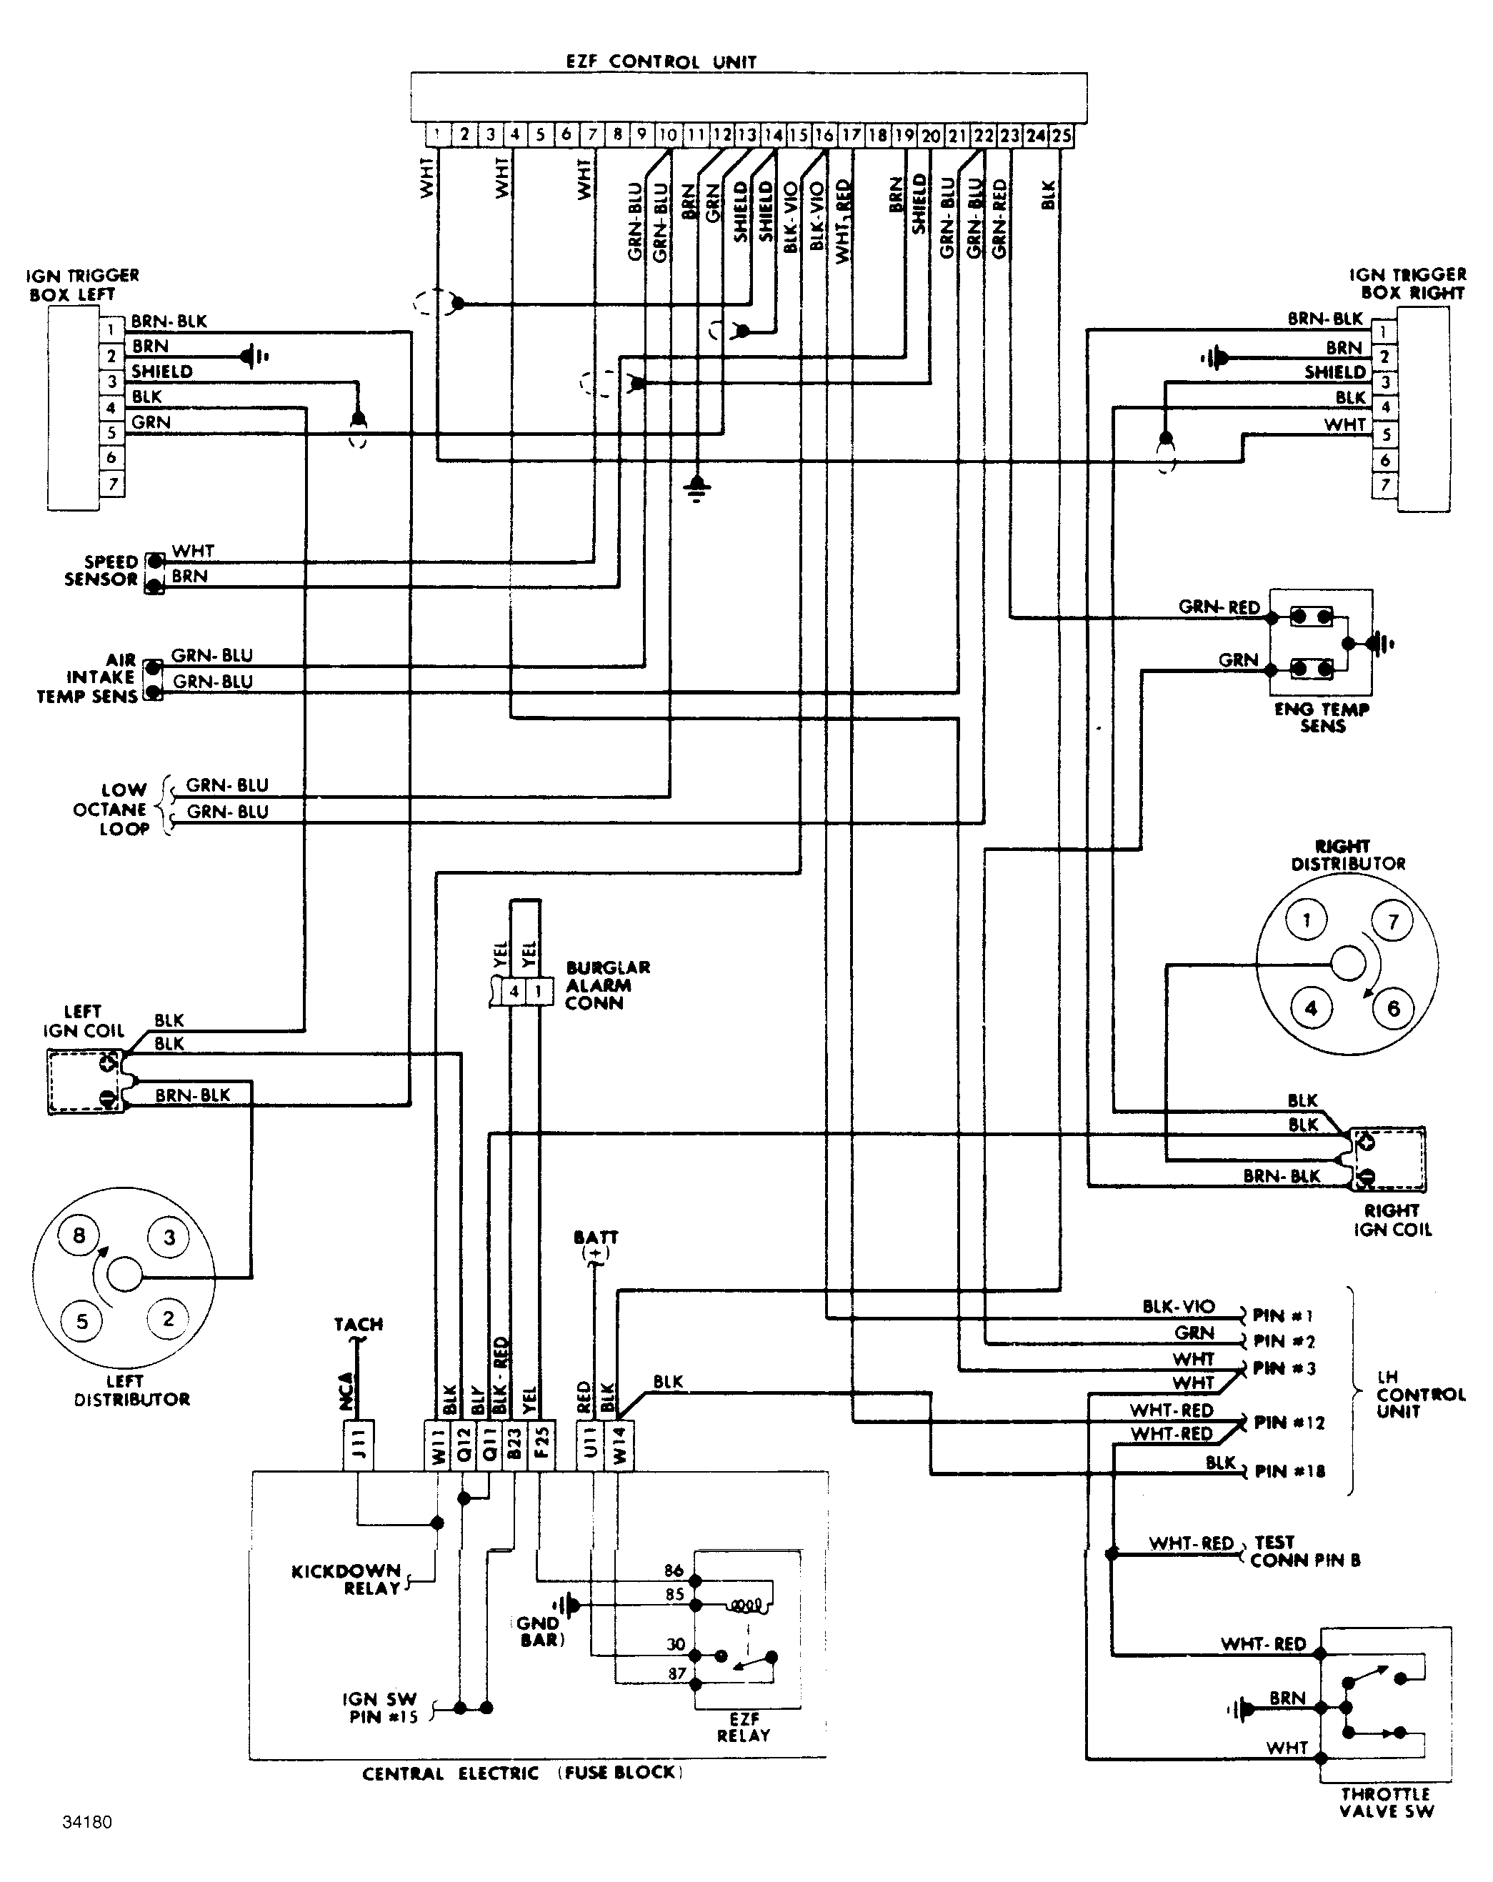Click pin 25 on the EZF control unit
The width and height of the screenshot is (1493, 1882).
(1061, 135)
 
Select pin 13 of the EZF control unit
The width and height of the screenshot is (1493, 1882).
(747, 135)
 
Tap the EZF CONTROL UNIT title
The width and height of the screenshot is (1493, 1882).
(661, 62)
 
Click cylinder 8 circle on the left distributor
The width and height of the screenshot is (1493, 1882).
(79, 1235)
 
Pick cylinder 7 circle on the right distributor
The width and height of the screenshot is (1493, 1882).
(1393, 922)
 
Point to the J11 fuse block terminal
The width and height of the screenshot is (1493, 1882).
(359, 1446)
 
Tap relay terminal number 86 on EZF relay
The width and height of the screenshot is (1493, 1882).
(674, 1571)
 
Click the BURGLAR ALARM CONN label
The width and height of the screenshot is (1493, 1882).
(607, 985)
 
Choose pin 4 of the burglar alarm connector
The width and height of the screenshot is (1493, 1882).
(514, 992)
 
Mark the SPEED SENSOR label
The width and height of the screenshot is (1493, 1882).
(101, 570)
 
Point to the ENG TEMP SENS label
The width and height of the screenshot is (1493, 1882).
(1322, 717)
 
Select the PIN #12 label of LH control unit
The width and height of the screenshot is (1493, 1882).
(1289, 1423)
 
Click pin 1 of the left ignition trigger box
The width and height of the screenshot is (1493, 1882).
(111, 331)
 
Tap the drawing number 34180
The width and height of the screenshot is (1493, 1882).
(87, 1823)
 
